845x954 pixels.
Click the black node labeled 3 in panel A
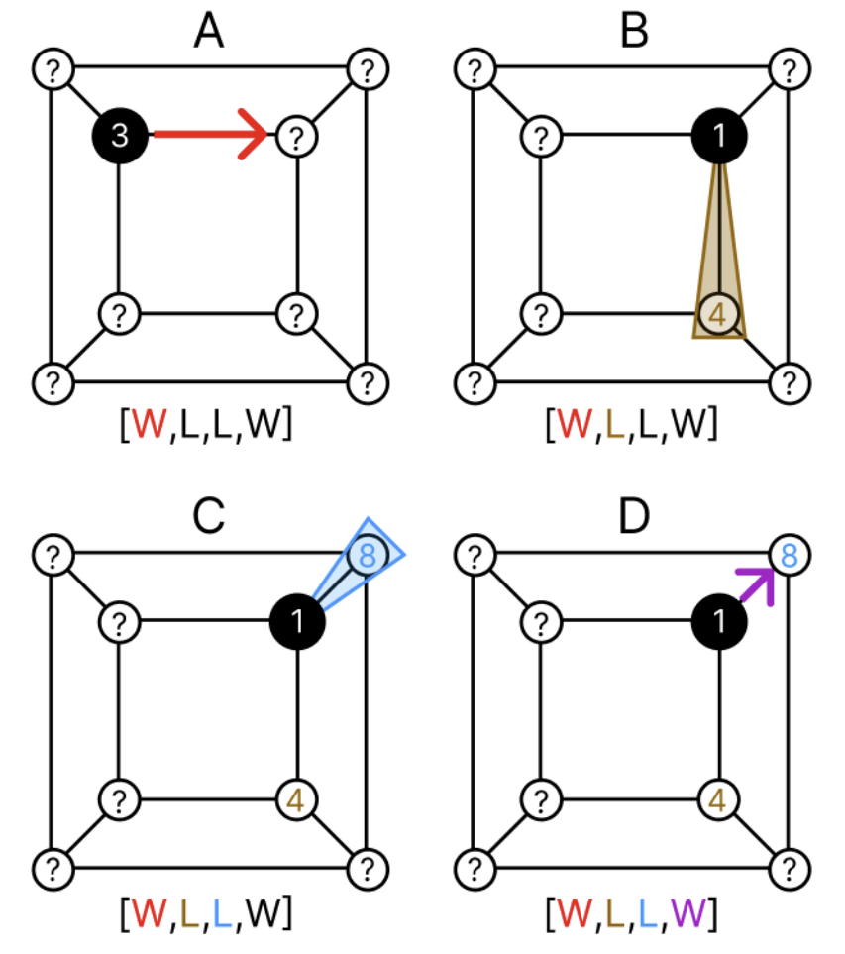(x=120, y=134)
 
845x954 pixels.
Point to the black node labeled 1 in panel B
(x=719, y=135)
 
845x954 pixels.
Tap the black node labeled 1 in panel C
(x=298, y=622)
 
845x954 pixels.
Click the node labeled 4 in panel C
(x=294, y=798)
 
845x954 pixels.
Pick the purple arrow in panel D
(x=755, y=582)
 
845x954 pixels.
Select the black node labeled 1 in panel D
(x=719, y=622)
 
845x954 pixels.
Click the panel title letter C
(x=207, y=515)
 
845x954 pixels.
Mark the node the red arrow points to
(x=293, y=134)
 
